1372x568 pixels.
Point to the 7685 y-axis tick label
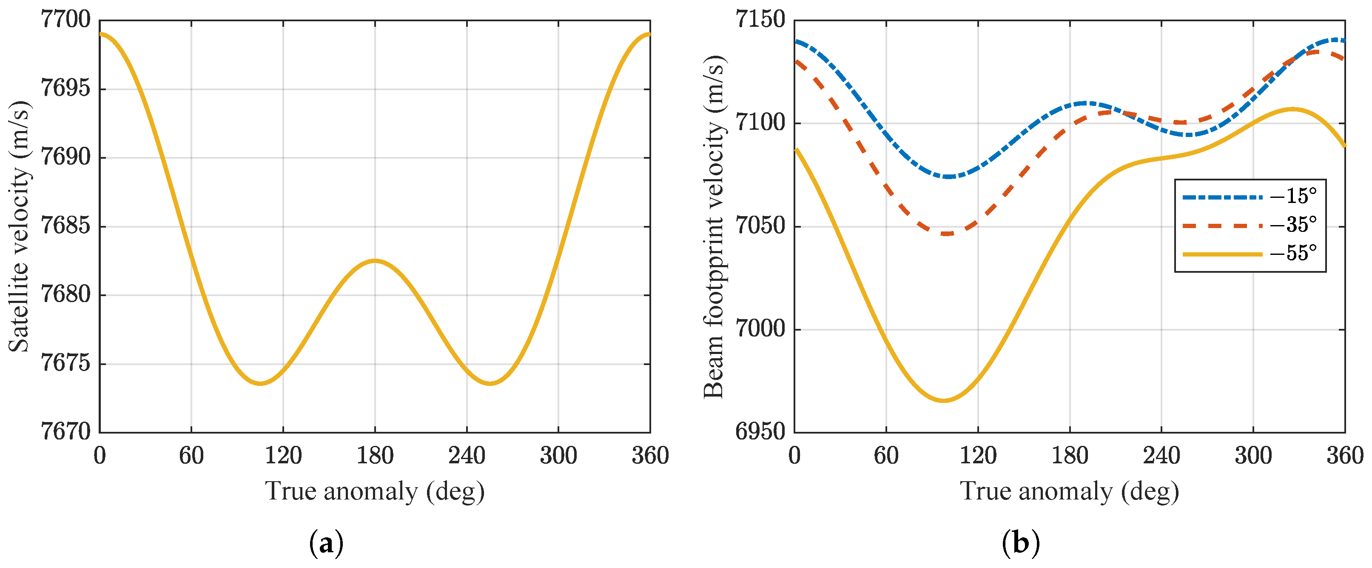pos(65,226)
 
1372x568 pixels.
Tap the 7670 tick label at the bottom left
pos(65,431)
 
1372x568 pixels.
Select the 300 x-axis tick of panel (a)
pos(558,456)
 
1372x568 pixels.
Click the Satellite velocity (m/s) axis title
pos(19,226)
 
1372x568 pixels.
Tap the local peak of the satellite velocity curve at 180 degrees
pos(375,260)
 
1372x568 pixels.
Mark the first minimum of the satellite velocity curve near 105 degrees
pos(260,383)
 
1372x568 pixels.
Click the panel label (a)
pos(326,543)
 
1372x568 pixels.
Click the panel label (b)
pos(1020,543)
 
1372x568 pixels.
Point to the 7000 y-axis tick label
pos(760,329)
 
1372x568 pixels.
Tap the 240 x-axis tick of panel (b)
pos(1161,456)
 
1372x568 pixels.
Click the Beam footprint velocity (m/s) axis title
pos(714,226)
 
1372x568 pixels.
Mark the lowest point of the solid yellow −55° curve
pos(943,400)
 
